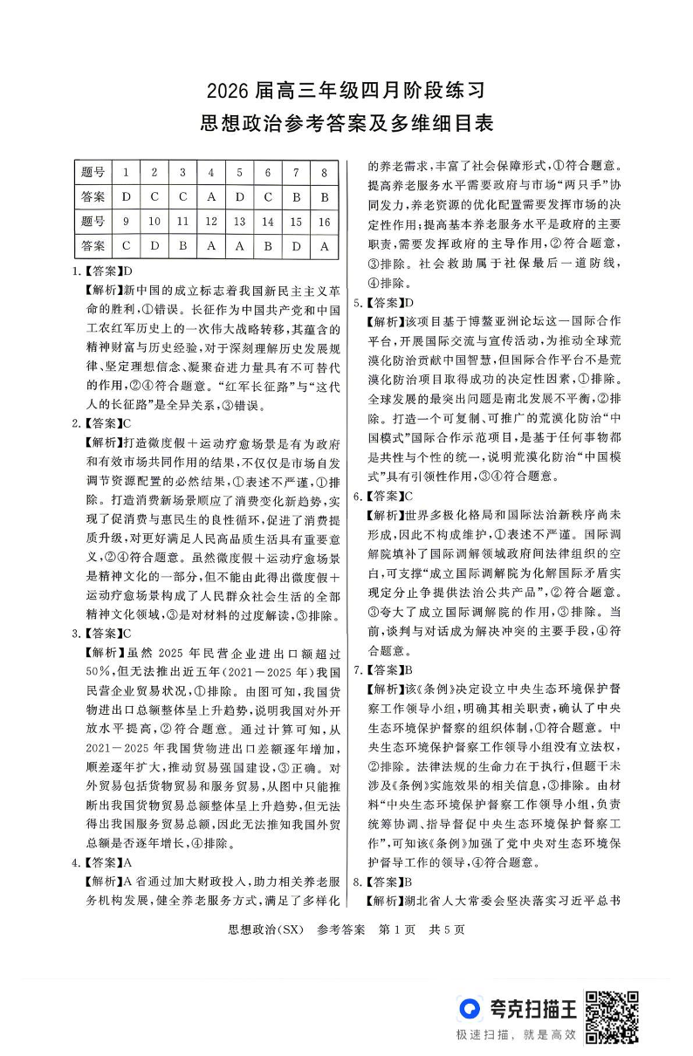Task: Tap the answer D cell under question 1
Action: point(127,196)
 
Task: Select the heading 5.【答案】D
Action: point(385,301)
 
